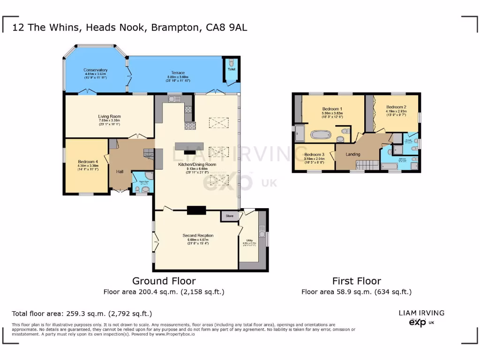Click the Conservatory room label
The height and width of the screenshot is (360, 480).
click(x=96, y=70)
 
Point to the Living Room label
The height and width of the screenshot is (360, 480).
click(x=109, y=117)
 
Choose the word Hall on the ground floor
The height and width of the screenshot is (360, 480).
click(x=120, y=172)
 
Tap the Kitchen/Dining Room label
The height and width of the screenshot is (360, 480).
click(x=197, y=165)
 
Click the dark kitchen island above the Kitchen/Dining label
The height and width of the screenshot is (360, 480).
click(x=190, y=146)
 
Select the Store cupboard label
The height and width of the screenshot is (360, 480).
click(x=229, y=216)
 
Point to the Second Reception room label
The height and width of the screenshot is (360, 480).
click(x=198, y=235)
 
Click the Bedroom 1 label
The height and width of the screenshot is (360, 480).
click(x=332, y=109)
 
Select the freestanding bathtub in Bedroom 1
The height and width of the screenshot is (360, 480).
click(x=321, y=136)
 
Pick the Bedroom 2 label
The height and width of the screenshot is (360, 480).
click(x=396, y=107)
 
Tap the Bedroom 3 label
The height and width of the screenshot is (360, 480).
click(x=314, y=155)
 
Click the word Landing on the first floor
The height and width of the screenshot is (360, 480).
click(x=353, y=154)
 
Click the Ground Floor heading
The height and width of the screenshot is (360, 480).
click(x=164, y=281)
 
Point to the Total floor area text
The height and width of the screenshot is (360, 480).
click(x=82, y=314)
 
